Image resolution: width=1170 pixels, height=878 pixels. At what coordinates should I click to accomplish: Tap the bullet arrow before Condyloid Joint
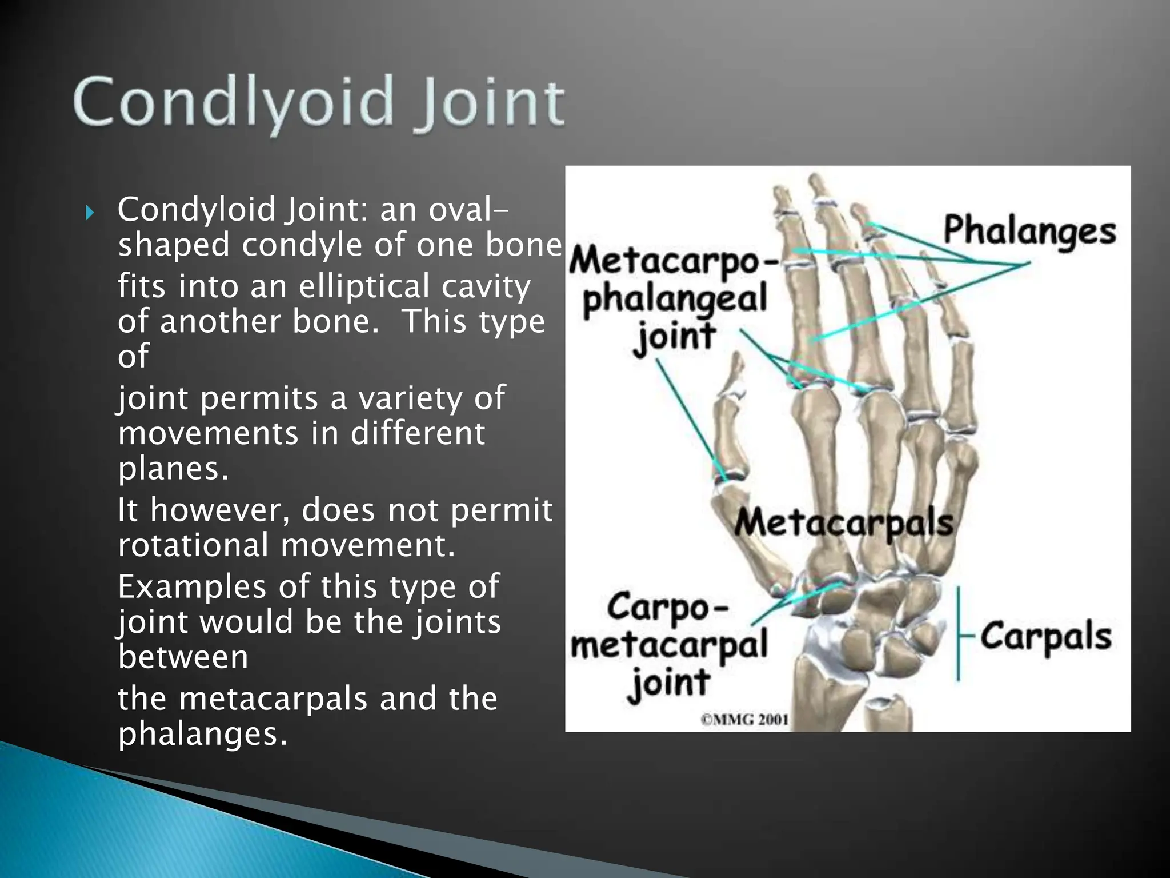(x=89, y=214)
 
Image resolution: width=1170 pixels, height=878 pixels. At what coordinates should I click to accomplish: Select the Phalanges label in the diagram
(x=1029, y=232)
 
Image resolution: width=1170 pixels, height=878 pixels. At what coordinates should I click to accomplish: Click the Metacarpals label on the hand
(x=843, y=522)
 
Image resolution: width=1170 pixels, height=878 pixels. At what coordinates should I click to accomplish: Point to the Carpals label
(x=1046, y=636)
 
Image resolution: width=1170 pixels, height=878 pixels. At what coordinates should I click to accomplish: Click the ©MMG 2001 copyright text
(x=744, y=719)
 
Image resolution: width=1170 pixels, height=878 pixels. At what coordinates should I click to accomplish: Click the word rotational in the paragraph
(x=193, y=545)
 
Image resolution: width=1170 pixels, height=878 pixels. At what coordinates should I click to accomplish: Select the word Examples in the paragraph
(x=193, y=587)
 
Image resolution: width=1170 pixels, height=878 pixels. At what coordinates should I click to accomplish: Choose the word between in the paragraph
(x=183, y=657)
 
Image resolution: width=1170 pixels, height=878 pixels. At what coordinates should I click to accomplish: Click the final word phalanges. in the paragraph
(x=202, y=733)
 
